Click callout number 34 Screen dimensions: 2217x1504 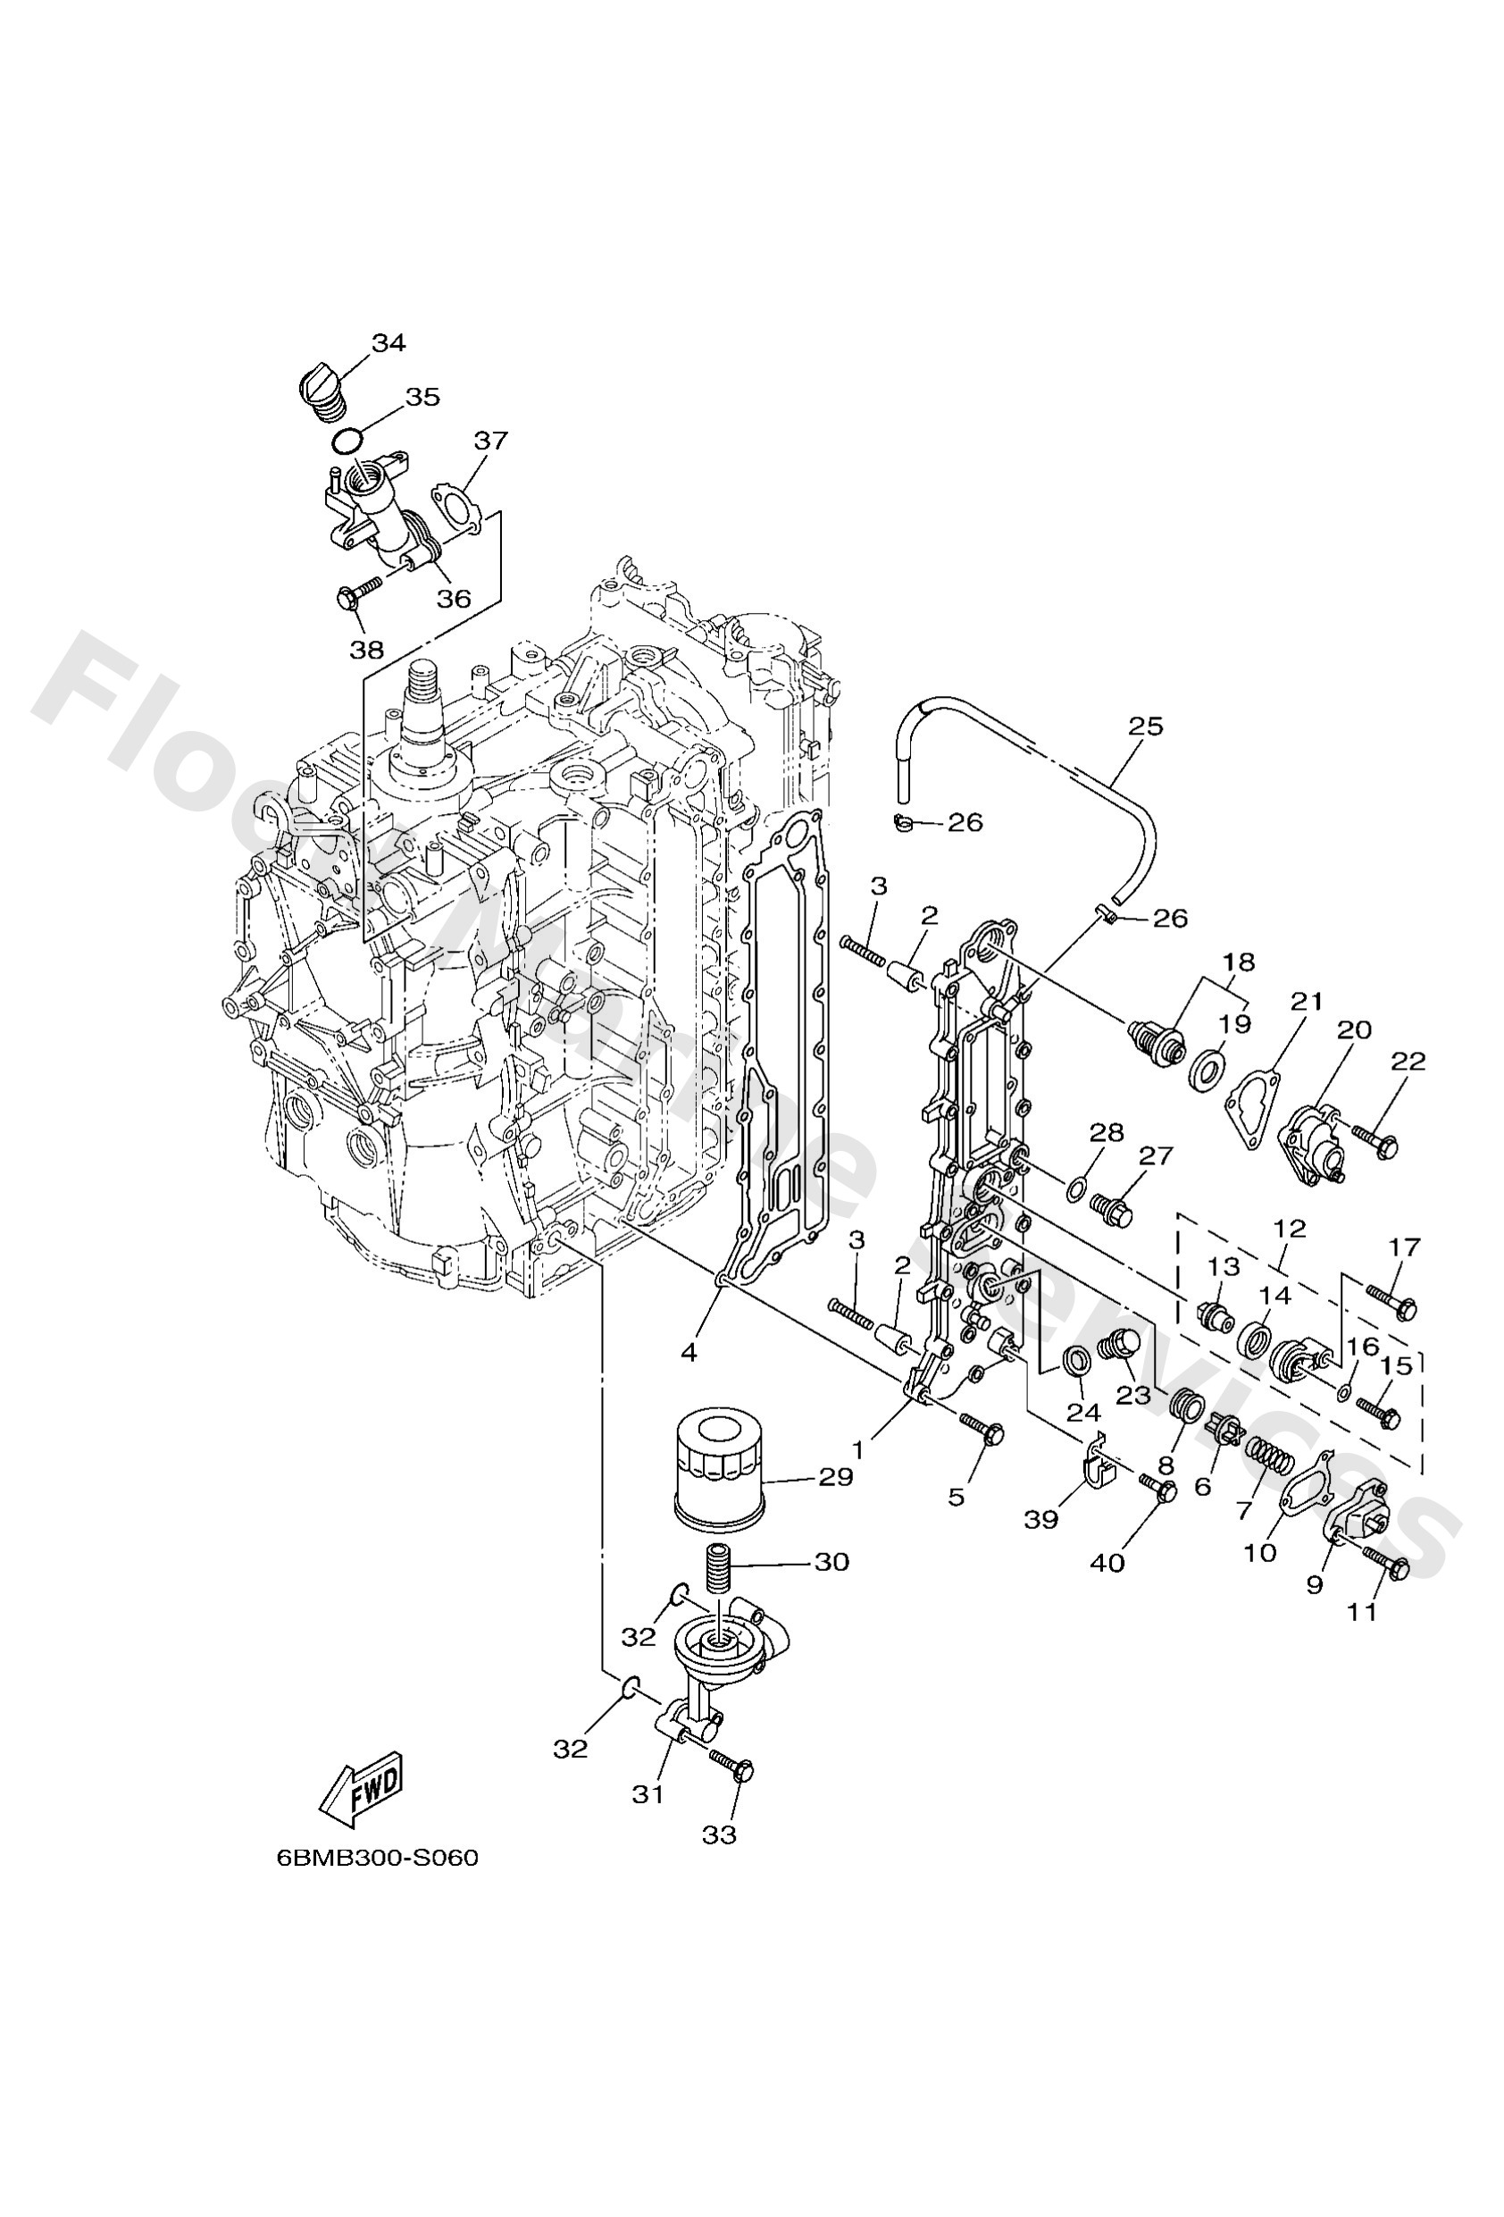tap(389, 342)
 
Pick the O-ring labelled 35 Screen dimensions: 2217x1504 tap(347, 441)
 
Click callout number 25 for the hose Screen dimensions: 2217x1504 tap(1145, 726)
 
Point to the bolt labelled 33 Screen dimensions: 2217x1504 tap(731, 1766)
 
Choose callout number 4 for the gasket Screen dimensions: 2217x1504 tap(689, 1352)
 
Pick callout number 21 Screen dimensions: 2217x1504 tap(1307, 1002)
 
